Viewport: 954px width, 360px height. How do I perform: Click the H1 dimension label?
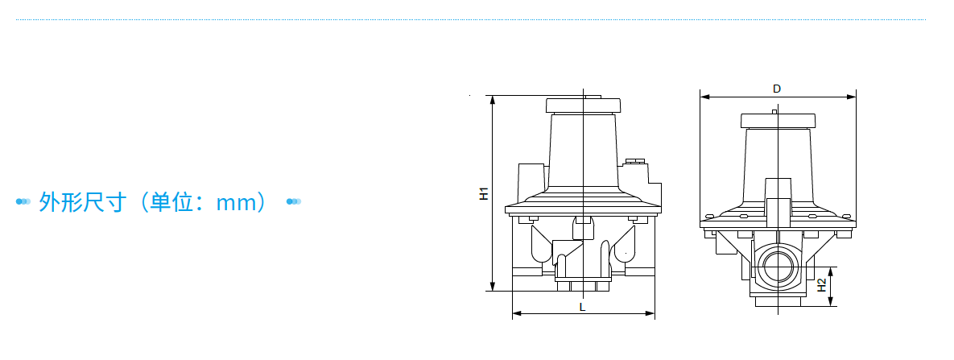[x=484, y=194]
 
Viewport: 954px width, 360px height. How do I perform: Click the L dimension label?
[x=582, y=307]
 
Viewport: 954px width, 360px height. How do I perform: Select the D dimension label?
[x=777, y=89]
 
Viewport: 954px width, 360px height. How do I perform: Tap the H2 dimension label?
[x=821, y=285]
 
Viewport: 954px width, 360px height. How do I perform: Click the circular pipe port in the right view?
[x=778, y=267]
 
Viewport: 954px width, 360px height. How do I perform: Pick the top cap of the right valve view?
[x=778, y=121]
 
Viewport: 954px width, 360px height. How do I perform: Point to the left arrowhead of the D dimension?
[x=704, y=97]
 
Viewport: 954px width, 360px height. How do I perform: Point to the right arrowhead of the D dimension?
[x=851, y=97]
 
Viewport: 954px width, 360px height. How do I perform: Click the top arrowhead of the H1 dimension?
[x=493, y=101]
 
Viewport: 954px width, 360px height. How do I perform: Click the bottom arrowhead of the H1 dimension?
[x=493, y=286]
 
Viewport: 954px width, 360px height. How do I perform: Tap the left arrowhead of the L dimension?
[x=517, y=314]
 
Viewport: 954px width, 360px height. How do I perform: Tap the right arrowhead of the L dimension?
[x=650, y=314]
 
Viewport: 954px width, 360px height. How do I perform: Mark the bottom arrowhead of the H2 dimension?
[x=832, y=301]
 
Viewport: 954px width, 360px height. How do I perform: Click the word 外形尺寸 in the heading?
[x=83, y=201]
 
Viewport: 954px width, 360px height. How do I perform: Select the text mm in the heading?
[x=235, y=203]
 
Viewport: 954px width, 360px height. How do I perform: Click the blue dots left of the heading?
[x=23, y=201]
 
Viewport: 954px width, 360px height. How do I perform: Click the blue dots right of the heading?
[x=294, y=201]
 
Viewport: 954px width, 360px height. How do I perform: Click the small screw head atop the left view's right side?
[x=634, y=161]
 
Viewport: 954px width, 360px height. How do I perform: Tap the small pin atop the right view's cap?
[x=774, y=111]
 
